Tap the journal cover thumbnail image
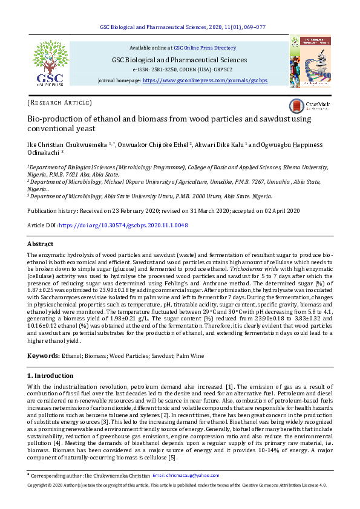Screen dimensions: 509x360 (x=310, y=60)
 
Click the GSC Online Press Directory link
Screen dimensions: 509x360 (x=205, y=47)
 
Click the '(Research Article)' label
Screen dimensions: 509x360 (x=60, y=103)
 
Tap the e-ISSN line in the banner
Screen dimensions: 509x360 (x=179, y=70)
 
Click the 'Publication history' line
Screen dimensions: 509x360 (x=163, y=210)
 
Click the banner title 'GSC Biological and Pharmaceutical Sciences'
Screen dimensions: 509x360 (x=179, y=59)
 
